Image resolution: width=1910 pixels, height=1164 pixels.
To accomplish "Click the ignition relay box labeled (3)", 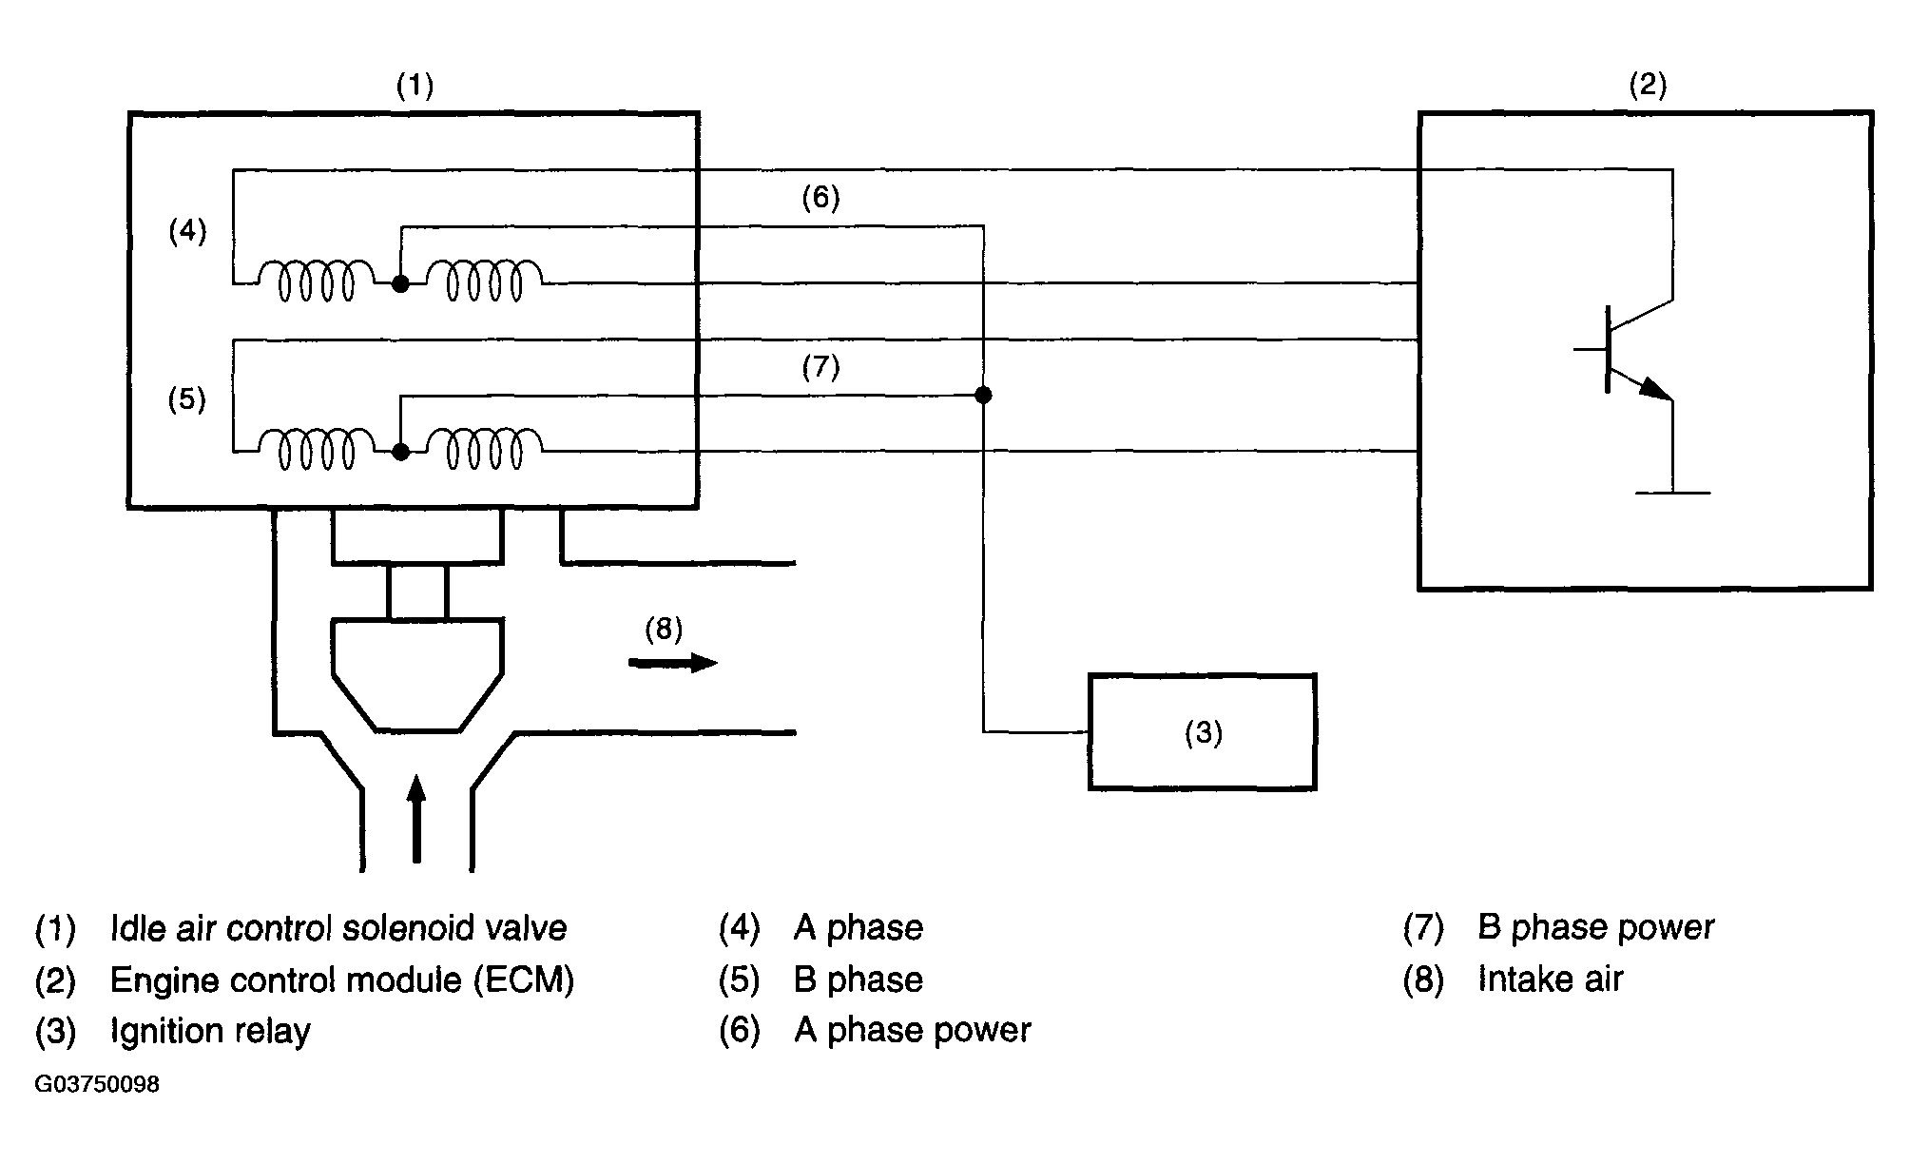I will (x=1202, y=732).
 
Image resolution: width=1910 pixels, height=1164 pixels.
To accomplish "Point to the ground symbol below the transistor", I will (x=1672, y=493).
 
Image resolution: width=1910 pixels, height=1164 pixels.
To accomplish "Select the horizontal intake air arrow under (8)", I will (x=672, y=663).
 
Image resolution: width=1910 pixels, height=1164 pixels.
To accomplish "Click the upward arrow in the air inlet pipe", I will (x=415, y=819).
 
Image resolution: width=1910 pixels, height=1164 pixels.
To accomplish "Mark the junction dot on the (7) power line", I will (x=983, y=395).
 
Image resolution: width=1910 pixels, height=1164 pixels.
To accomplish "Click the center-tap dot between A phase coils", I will (x=400, y=283).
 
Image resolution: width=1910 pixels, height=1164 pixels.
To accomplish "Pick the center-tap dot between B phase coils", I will (x=400, y=452).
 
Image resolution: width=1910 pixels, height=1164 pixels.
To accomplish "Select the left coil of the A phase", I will (x=317, y=281).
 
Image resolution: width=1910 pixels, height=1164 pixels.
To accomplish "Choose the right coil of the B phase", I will (x=485, y=449).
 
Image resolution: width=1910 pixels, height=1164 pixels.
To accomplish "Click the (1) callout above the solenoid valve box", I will (x=415, y=87).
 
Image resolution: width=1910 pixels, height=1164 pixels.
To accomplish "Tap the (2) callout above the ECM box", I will (x=1648, y=86).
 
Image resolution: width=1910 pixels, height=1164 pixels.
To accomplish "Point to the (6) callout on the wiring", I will (x=820, y=198).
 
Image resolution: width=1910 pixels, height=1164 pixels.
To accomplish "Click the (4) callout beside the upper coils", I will (x=187, y=231).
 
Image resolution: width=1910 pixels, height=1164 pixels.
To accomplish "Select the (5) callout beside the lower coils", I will (x=187, y=399).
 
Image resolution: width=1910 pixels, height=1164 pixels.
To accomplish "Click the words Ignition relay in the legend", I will (x=210, y=1031).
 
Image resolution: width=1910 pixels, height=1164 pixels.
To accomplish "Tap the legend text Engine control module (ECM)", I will (x=342, y=980).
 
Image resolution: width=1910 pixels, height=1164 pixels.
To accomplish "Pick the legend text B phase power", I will (x=1595, y=927).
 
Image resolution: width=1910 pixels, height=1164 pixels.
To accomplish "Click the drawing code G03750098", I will (x=97, y=1085).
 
